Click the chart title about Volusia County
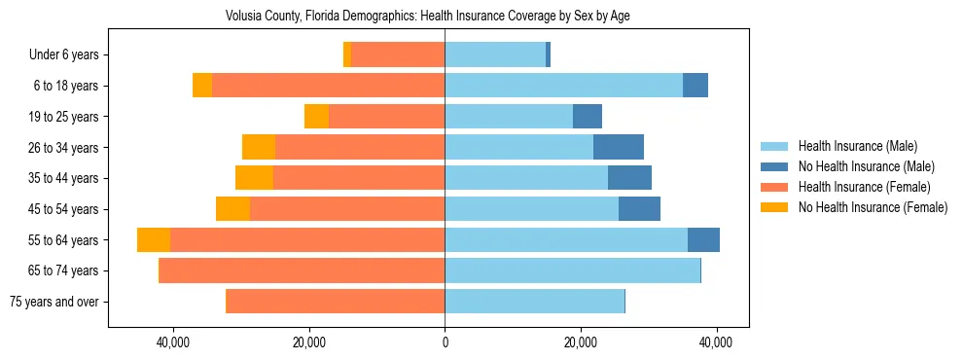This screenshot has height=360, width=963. (x=428, y=17)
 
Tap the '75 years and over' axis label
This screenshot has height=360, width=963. (x=53, y=302)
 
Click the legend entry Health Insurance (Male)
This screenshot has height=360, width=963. (x=857, y=146)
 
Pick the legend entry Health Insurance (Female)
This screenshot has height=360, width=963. (x=864, y=187)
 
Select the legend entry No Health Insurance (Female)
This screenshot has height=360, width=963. (x=873, y=207)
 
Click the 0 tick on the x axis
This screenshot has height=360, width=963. (x=445, y=343)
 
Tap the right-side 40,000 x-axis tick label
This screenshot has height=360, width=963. (x=717, y=343)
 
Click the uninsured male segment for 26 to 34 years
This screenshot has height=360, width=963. (x=619, y=147)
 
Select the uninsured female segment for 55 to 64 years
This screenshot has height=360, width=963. (x=154, y=240)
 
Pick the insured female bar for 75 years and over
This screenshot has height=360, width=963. (x=336, y=302)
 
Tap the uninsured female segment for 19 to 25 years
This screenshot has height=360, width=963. (x=316, y=117)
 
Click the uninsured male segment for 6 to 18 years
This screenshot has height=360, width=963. (x=695, y=86)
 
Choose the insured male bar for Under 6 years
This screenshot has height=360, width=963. (x=495, y=55)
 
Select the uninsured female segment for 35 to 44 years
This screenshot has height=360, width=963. (x=254, y=178)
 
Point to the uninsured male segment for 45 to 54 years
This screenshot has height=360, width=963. (x=639, y=209)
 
